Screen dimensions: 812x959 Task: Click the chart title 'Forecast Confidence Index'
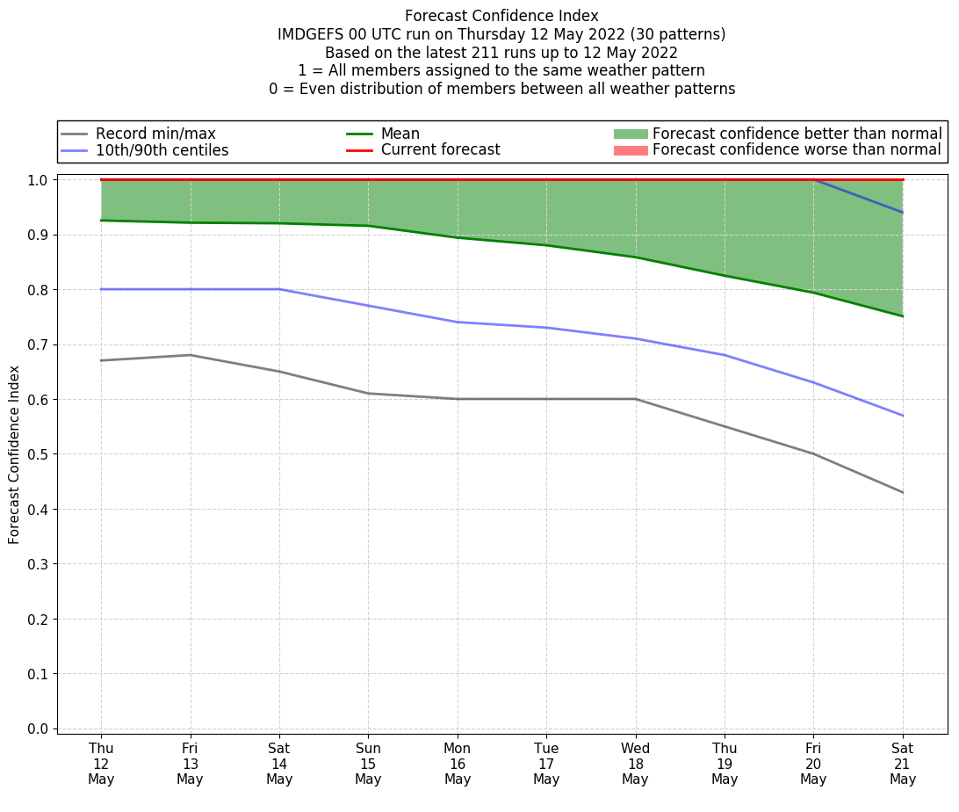pyautogui.click(x=501, y=16)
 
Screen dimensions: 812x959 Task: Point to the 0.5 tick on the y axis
pyautogui.click(x=39, y=454)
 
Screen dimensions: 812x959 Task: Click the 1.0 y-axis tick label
pyautogui.click(x=39, y=180)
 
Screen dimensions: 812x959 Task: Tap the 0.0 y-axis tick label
pyautogui.click(x=39, y=729)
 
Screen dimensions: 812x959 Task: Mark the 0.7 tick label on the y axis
pyautogui.click(x=39, y=344)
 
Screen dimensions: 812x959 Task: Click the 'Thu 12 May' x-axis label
pyautogui.click(x=101, y=763)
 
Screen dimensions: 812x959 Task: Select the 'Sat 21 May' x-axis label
pyautogui.click(x=902, y=763)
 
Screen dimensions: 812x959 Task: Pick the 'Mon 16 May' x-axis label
pyautogui.click(x=458, y=763)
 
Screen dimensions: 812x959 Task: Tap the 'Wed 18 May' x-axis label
pyautogui.click(x=635, y=763)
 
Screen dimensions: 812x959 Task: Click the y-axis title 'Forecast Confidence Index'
pyautogui.click(x=15, y=454)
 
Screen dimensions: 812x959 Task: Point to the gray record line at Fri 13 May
pyautogui.click(x=190, y=355)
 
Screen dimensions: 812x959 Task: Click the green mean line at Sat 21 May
pyautogui.click(x=902, y=316)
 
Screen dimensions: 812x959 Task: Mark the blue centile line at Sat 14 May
pyautogui.click(x=279, y=289)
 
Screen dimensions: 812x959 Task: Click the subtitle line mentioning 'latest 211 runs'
pyautogui.click(x=501, y=53)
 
